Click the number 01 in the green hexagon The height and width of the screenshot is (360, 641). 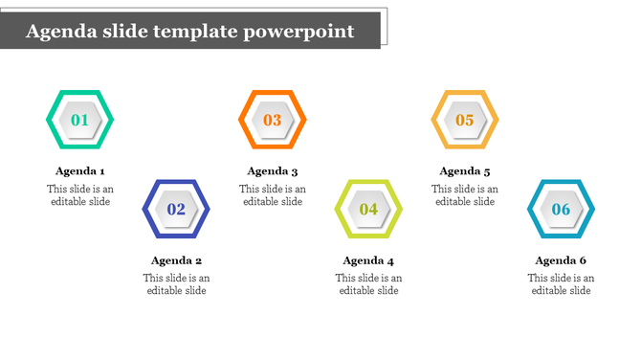pos(80,121)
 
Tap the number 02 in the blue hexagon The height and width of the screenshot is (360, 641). pos(176,209)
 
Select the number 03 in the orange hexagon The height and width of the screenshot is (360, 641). pos(273,121)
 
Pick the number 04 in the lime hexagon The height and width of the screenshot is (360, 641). pos(368,209)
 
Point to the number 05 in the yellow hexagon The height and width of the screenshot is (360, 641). pos(465,121)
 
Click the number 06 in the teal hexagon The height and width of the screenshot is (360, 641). pos(562,209)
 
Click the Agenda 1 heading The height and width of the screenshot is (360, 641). pos(80,171)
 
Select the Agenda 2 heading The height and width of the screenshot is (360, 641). pos(176,260)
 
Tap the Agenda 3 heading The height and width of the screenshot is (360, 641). pos(273,171)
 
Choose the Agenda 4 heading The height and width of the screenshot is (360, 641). pos(368,260)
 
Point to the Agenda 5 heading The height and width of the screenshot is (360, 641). pos(465,171)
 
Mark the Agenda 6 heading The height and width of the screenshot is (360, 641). pos(562,260)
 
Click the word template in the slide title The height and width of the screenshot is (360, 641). pos(191,32)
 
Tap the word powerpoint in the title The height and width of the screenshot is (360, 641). pos(298,33)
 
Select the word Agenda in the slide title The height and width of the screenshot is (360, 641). pos(59,33)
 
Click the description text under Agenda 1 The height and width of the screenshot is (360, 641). pos(80,195)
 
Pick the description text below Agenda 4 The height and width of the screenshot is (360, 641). pos(368,284)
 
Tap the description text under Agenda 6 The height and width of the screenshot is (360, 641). pos(562,284)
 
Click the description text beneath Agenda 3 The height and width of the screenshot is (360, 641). pos(273,195)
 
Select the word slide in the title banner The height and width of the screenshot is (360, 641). pos(120,32)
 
